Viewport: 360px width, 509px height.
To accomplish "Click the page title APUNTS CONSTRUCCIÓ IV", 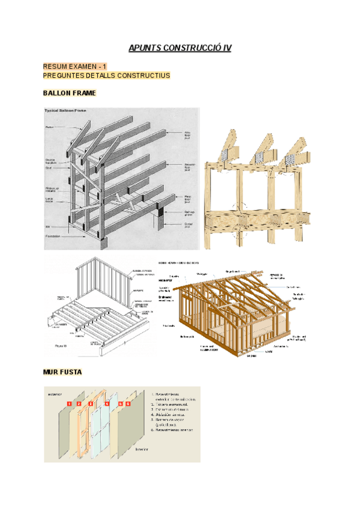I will click(x=180, y=48).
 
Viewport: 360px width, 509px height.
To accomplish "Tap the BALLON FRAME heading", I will click(x=70, y=93).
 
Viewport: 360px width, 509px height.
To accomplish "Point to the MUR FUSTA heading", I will click(x=62, y=372).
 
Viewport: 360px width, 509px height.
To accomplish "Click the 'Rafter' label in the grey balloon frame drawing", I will click(x=50, y=127).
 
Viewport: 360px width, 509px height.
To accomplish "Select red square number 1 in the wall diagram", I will click(x=70, y=404).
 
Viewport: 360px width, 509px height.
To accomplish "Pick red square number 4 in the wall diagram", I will click(x=107, y=404).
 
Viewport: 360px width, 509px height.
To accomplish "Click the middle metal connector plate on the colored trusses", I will click(x=260, y=157).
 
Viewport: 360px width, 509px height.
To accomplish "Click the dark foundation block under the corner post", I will click(x=104, y=243).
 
